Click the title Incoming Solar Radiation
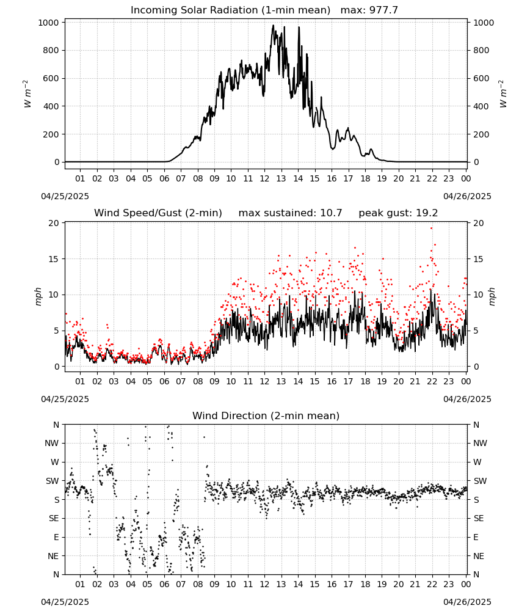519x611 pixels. pyautogui.click(x=194, y=10)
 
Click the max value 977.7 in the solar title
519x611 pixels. pyautogui.click(x=383, y=10)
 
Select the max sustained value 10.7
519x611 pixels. pyautogui.click(x=331, y=213)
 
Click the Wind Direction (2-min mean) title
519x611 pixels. pyautogui.click(x=266, y=415)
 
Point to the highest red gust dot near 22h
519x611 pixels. pyautogui.click(x=431, y=229)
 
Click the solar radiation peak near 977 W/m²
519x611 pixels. pyautogui.click(x=274, y=26)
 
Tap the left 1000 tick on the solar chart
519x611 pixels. pyautogui.click(x=49, y=23)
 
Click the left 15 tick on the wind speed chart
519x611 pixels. pyautogui.click(x=54, y=259)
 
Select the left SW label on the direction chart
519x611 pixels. pyautogui.click(x=53, y=481)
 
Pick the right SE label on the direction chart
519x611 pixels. pyautogui.click(x=479, y=518)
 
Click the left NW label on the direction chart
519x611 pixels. pyautogui.click(x=52, y=444)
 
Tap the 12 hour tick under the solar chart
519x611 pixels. pyautogui.click(x=264, y=178)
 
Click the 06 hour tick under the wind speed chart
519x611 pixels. pyautogui.click(x=164, y=381)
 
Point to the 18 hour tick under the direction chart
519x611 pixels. pyautogui.click(x=365, y=584)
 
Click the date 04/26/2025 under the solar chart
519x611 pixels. pyautogui.click(x=467, y=196)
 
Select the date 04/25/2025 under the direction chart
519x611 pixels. pyautogui.click(x=65, y=602)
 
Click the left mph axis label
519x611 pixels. pyautogui.click(x=38, y=297)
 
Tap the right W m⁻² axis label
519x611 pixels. pyautogui.click(x=503, y=94)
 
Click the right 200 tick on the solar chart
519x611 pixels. pyautogui.click(x=481, y=134)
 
